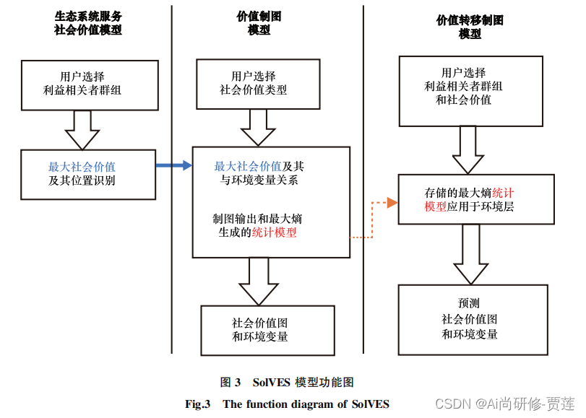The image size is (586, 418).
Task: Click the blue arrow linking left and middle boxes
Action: (x=173, y=166)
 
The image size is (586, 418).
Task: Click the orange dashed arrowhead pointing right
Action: (x=392, y=202)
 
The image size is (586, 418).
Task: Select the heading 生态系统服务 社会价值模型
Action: (x=88, y=23)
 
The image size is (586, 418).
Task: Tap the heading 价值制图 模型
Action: (x=259, y=23)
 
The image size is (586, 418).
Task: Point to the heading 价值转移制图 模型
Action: (x=470, y=27)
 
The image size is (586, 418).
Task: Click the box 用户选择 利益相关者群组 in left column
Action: (x=90, y=84)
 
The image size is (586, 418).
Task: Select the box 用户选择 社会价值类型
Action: (x=258, y=84)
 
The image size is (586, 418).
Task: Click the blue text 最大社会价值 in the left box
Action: (x=82, y=167)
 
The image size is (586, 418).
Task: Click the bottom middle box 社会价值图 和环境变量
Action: (x=267, y=330)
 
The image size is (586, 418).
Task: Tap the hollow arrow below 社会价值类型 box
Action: (x=258, y=128)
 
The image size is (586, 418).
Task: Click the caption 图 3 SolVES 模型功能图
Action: (x=287, y=382)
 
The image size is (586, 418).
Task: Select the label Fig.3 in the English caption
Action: (x=197, y=404)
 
